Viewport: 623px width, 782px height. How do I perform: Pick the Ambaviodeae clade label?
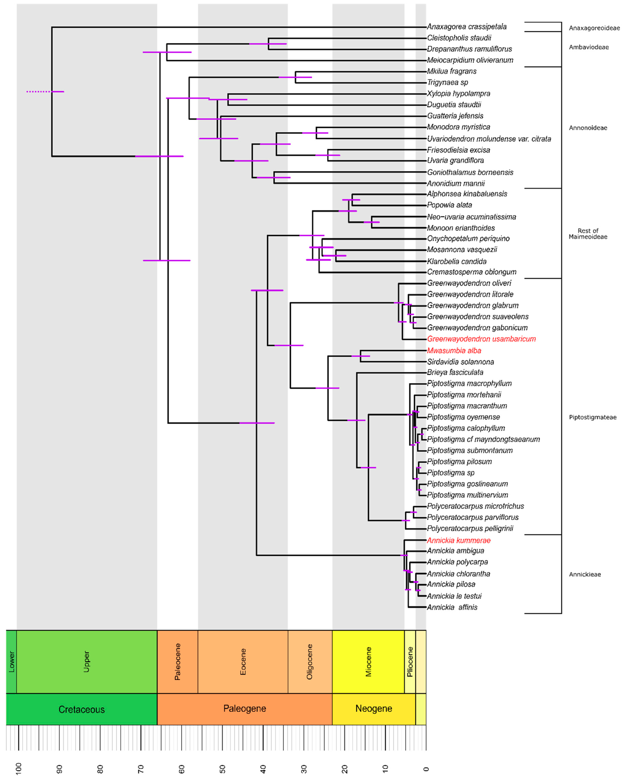[589, 47]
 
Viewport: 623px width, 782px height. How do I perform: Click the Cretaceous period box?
[82, 709]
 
